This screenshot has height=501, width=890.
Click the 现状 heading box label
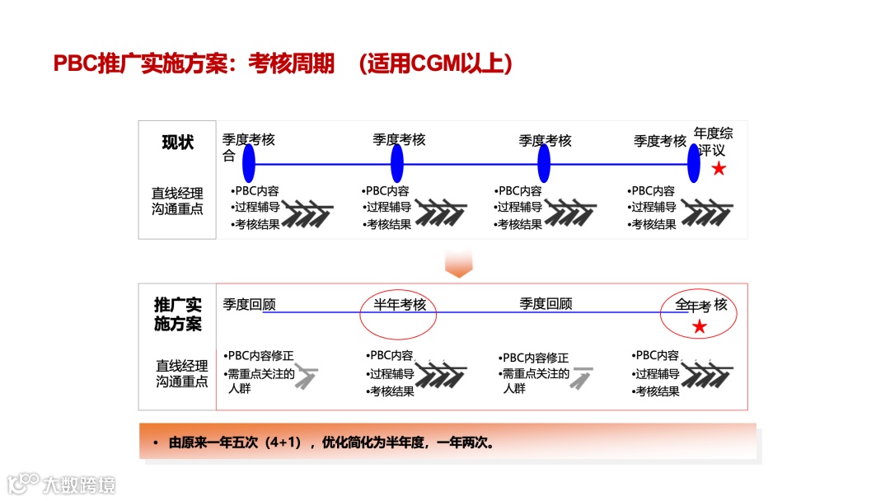[x=177, y=143]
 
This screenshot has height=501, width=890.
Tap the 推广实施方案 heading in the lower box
[x=177, y=314]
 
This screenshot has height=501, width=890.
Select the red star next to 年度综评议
[x=719, y=169]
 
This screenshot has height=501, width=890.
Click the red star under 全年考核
[x=700, y=327]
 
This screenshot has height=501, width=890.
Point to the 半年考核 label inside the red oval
[x=400, y=305]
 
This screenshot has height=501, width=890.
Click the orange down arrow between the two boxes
[x=458, y=264]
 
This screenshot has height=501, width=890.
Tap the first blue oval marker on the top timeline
[x=249, y=163]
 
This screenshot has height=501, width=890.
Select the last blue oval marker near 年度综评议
[x=694, y=163]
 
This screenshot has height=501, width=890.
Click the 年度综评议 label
[x=713, y=141]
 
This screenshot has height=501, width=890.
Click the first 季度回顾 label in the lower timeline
[x=249, y=305]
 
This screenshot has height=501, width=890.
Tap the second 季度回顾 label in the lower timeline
[x=546, y=303]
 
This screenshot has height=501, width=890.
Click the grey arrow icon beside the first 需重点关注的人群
[x=306, y=377]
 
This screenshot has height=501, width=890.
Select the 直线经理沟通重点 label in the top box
[x=177, y=201]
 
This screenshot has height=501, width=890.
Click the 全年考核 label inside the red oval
[x=701, y=306]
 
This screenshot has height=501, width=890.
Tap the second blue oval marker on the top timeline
[x=396, y=163]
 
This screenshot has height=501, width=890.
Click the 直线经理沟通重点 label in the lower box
[x=182, y=373]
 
